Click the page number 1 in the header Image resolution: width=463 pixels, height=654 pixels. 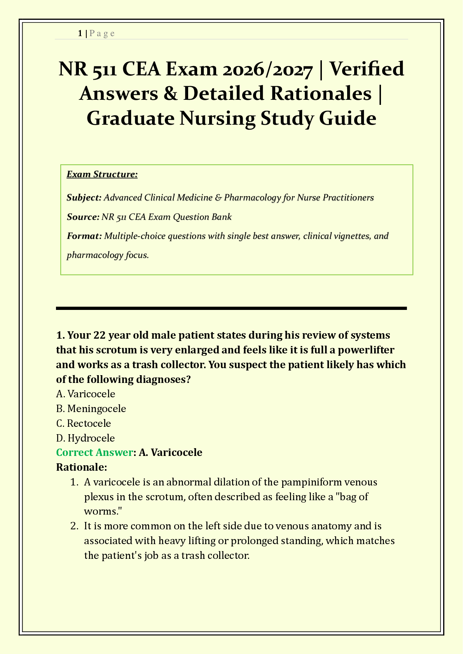click(x=80, y=33)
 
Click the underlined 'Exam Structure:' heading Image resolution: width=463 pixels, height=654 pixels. click(x=102, y=174)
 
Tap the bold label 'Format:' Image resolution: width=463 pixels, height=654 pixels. click(x=84, y=236)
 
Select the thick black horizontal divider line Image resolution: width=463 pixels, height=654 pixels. click(x=231, y=308)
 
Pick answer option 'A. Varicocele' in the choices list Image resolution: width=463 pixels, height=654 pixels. click(x=86, y=394)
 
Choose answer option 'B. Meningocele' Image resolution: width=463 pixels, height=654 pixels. click(x=91, y=409)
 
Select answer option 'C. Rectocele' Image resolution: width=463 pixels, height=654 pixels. click(x=84, y=423)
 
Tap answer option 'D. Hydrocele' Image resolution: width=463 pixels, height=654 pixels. click(x=86, y=438)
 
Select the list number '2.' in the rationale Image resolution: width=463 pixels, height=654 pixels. click(x=75, y=526)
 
